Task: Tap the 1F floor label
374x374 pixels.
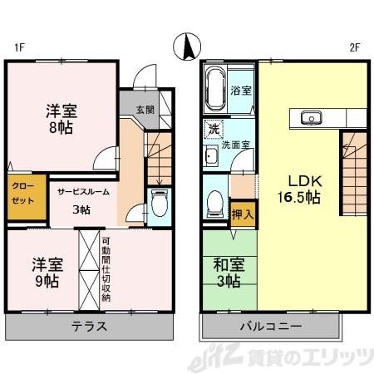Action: click(x=17, y=47)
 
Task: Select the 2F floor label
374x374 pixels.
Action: click(x=354, y=47)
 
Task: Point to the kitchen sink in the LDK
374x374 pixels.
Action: click(x=312, y=117)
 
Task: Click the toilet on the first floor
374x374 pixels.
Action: click(x=160, y=203)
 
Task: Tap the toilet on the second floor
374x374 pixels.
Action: click(x=214, y=202)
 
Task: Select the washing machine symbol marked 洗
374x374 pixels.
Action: click(x=214, y=130)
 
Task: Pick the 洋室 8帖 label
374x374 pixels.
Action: click(x=61, y=118)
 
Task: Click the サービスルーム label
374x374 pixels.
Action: click(x=81, y=192)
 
